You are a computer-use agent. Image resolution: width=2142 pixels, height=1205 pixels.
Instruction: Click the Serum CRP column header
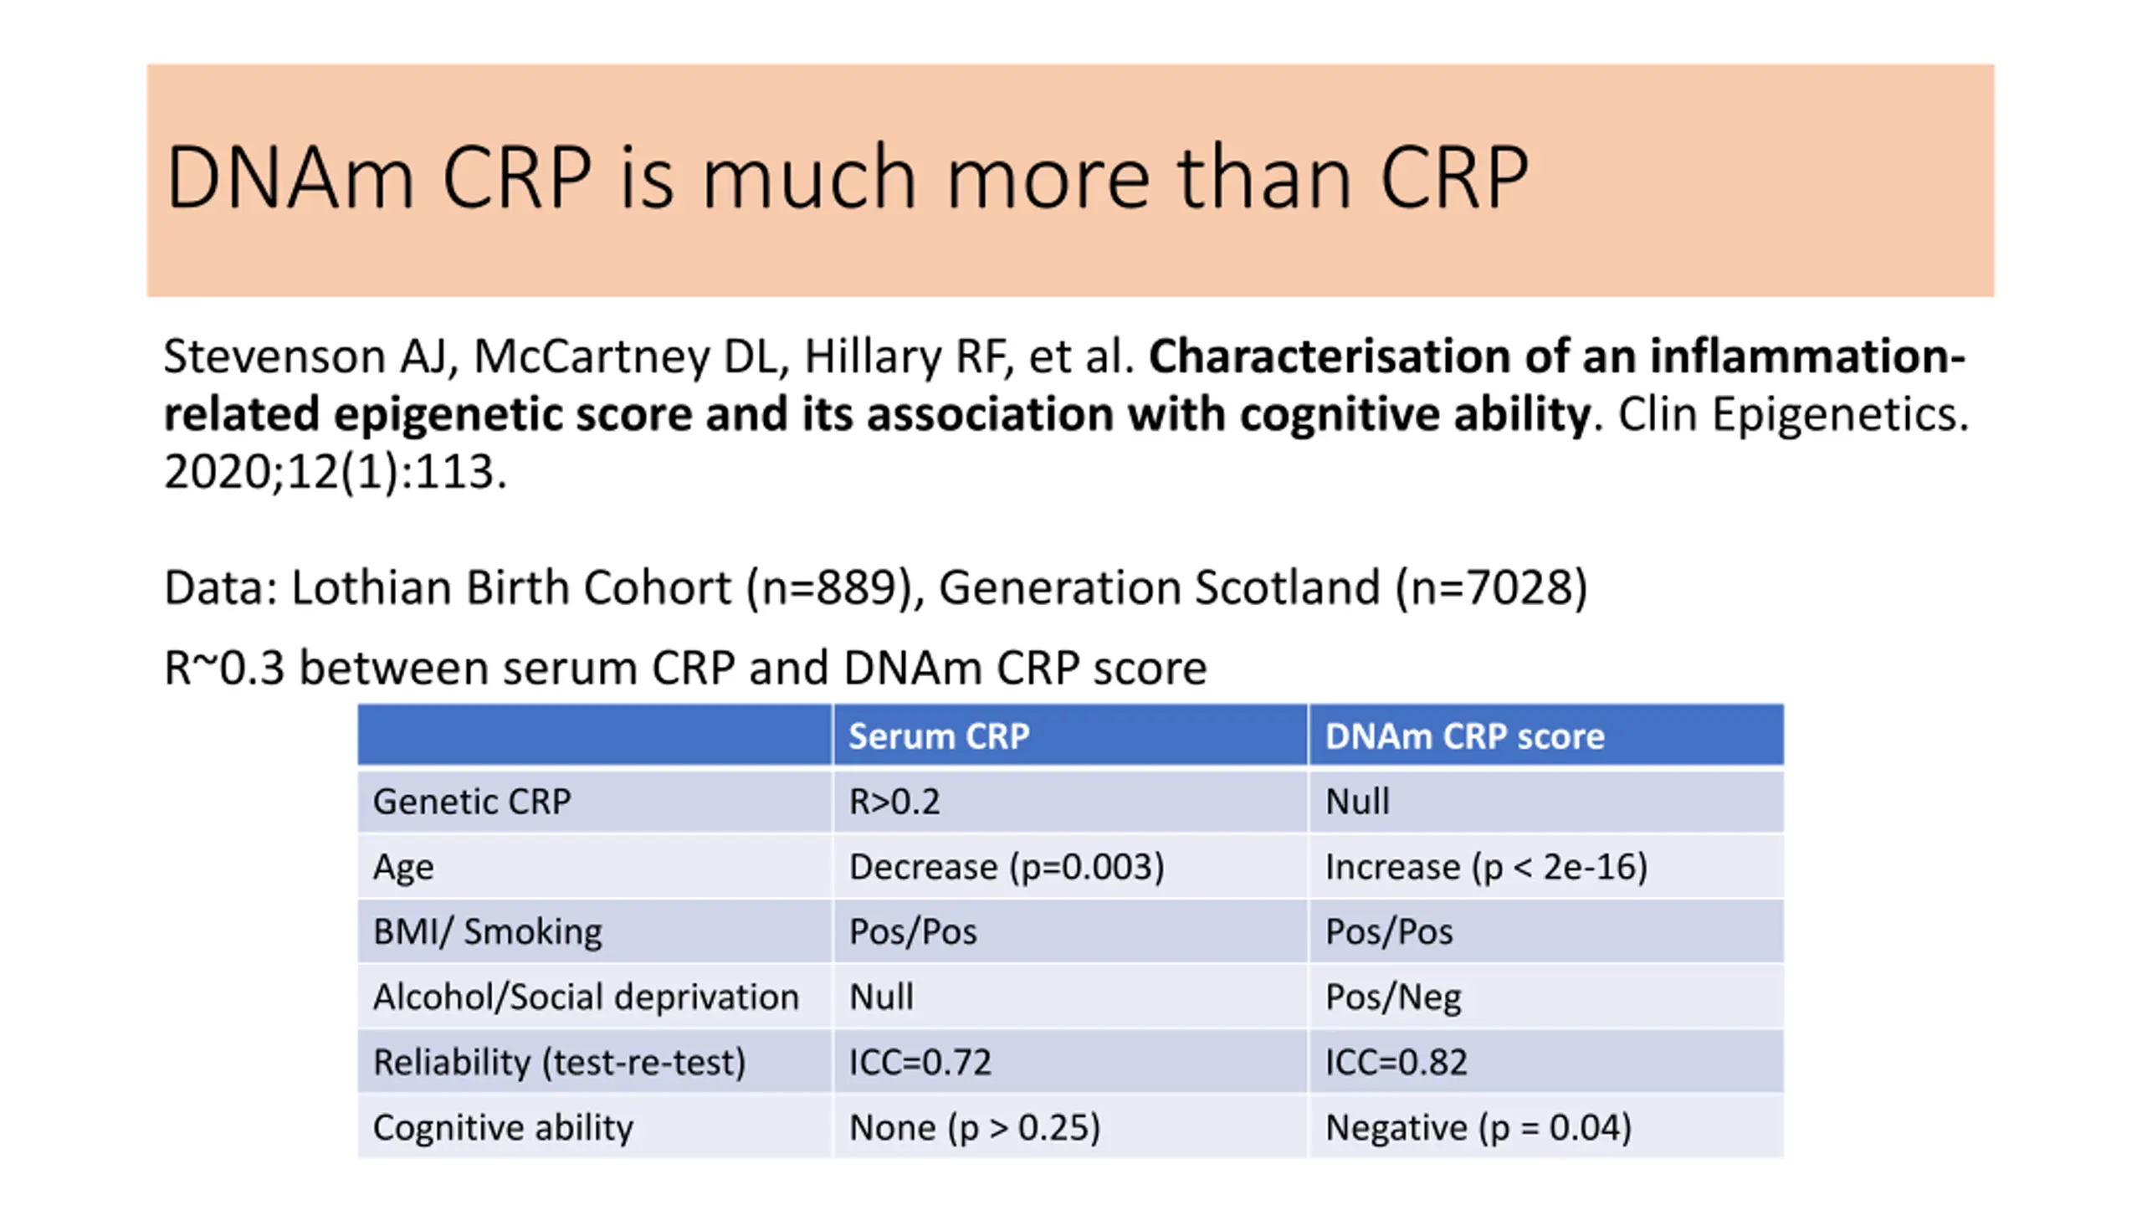[x=938, y=736]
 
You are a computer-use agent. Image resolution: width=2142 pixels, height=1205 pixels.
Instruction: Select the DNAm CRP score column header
[x=1464, y=736]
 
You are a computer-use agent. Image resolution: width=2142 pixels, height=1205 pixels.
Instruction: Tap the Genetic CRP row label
[x=472, y=802]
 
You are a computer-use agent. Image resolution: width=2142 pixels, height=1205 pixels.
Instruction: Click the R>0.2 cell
[x=894, y=802]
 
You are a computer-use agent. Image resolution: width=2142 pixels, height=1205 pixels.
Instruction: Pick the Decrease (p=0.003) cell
[x=1006, y=867]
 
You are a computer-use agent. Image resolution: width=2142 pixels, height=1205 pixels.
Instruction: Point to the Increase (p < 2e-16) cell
[x=1486, y=867]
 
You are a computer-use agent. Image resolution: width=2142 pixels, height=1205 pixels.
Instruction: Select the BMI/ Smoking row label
[x=487, y=931]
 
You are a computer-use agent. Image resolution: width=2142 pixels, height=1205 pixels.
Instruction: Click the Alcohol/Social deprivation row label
[x=586, y=997]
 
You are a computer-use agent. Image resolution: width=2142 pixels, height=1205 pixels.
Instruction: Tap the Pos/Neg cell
[x=1393, y=997]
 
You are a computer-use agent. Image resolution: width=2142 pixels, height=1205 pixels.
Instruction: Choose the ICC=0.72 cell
[x=920, y=1062]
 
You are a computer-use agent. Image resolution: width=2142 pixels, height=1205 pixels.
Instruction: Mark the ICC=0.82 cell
[x=1396, y=1062]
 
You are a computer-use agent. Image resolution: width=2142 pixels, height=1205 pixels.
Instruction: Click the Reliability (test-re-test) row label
[x=559, y=1062]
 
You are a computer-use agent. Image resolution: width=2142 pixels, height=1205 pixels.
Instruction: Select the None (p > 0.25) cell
[x=974, y=1127]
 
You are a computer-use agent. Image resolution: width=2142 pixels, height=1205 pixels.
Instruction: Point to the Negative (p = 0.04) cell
[x=1478, y=1127]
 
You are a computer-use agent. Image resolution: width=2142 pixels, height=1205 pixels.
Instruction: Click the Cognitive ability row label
[x=503, y=1127]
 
